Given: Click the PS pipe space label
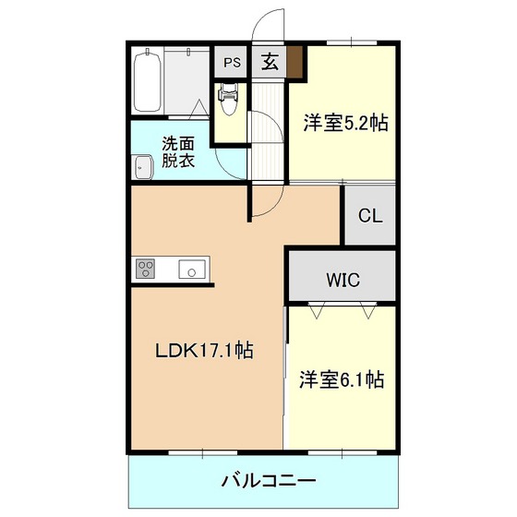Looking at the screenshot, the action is (232, 63).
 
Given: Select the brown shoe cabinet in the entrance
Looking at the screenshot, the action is (295, 62).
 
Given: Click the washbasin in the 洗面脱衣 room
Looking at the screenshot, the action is (142, 167).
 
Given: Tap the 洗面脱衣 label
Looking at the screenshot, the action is (178, 152).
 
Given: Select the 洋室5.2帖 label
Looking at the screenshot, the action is (345, 123).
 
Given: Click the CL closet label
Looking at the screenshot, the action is (370, 216).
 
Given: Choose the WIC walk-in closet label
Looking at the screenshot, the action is (343, 280).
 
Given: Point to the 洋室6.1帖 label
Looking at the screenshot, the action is (342, 379).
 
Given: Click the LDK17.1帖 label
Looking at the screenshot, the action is (204, 350).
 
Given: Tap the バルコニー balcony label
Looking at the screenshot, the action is (268, 480).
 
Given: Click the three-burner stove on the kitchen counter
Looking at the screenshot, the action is (146, 269).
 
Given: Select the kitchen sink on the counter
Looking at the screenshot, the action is (192, 269).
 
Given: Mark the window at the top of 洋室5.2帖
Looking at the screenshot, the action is (352, 42).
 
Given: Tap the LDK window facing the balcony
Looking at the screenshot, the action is (203, 452).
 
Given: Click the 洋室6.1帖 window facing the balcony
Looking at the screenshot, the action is (342, 452).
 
